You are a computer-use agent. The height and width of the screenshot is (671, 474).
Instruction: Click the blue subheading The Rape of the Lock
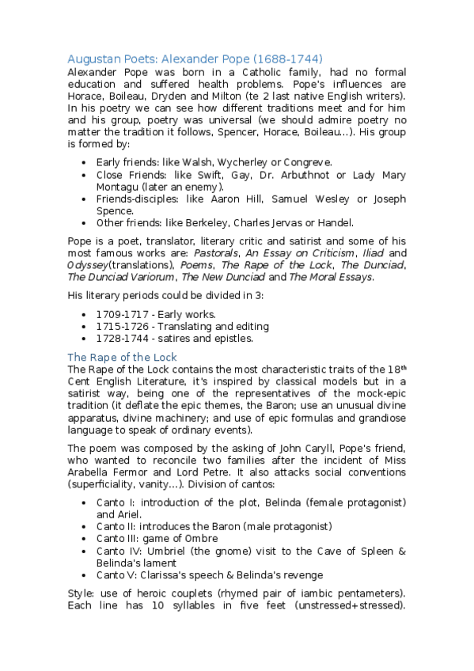122,357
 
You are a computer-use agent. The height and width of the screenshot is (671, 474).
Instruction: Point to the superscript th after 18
403,367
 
